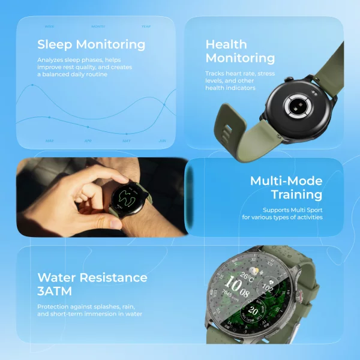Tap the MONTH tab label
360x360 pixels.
pyautogui.click(x=98, y=26)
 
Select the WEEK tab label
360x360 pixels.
pyautogui.click(x=50, y=26)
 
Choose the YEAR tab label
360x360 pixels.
pyautogui.click(x=146, y=26)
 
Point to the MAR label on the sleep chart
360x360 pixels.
pyautogui.click(x=50, y=141)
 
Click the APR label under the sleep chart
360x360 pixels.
pyautogui.click(x=88, y=141)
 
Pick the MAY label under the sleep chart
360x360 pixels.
pyautogui.click(x=127, y=141)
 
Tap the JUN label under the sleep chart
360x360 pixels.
pyautogui.click(x=162, y=141)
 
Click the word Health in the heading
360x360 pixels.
pyautogui.click(x=226, y=44)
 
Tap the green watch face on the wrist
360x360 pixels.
pyautogui.click(x=127, y=197)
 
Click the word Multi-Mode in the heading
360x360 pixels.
pyautogui.click(x=286, y=181)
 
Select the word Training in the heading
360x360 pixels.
pyautogui.click(x=296, y=195)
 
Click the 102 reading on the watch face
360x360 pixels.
pyautogui.click(x=268, y=289)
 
